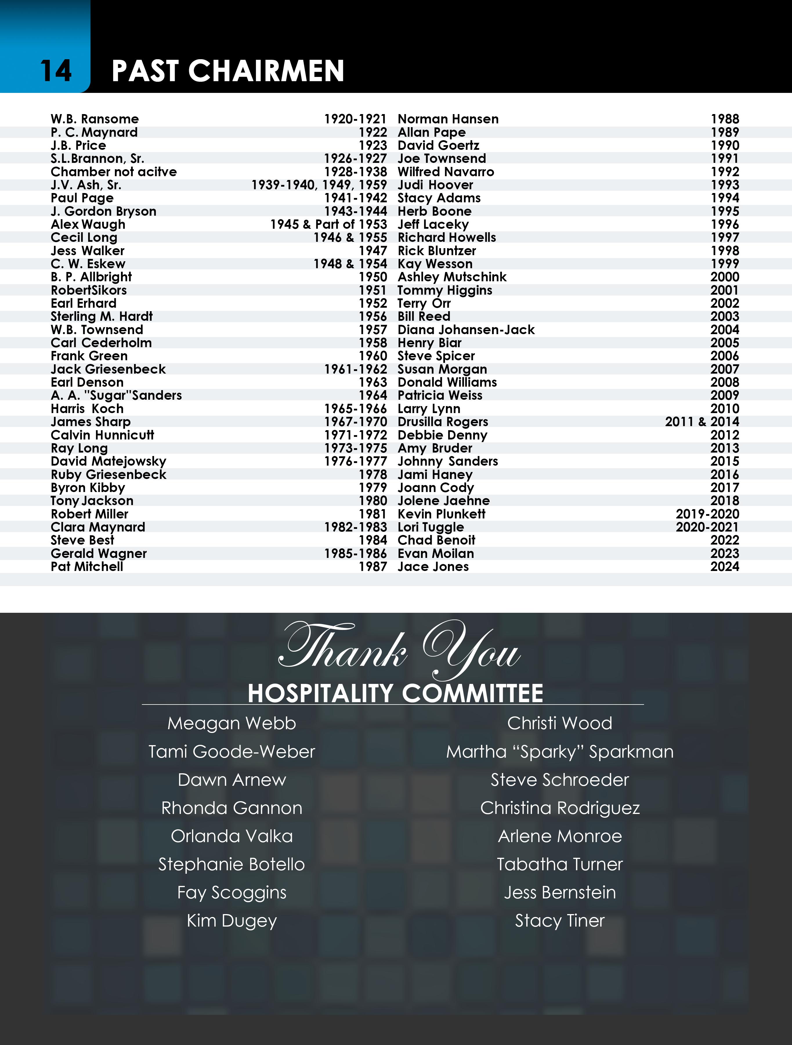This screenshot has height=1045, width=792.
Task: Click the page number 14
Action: click(x=56, y=71)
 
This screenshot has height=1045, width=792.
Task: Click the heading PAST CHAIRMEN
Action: click(x=228, y=71)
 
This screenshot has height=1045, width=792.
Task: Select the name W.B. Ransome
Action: click(x=95, y=119)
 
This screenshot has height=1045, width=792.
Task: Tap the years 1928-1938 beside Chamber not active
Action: click(x=355, y=172)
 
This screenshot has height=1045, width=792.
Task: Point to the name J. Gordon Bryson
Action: click(x=104, y=211)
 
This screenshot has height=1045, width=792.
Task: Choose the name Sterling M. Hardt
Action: click(x=102, y=316)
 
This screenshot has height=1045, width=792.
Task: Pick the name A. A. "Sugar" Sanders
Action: click(x=116, y=395)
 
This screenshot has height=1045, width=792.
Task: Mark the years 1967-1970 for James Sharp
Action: click(x=355, y=422)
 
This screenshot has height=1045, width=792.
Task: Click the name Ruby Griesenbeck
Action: click(x=109, y=474)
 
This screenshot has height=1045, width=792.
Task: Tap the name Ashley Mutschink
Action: click(x=452, y=277)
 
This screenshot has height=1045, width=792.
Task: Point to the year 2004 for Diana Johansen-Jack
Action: click(x=724, y=330)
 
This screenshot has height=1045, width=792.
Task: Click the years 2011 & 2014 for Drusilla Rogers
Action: click(x=702, y=422)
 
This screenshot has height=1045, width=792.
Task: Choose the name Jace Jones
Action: click(x=433, y=566)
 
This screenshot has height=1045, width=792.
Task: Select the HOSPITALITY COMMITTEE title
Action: click(x=395, y=693)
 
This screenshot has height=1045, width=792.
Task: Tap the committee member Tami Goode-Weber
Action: click(x=232, y=752)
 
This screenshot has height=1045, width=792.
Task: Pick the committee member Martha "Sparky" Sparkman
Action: click(x=560, y=752)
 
